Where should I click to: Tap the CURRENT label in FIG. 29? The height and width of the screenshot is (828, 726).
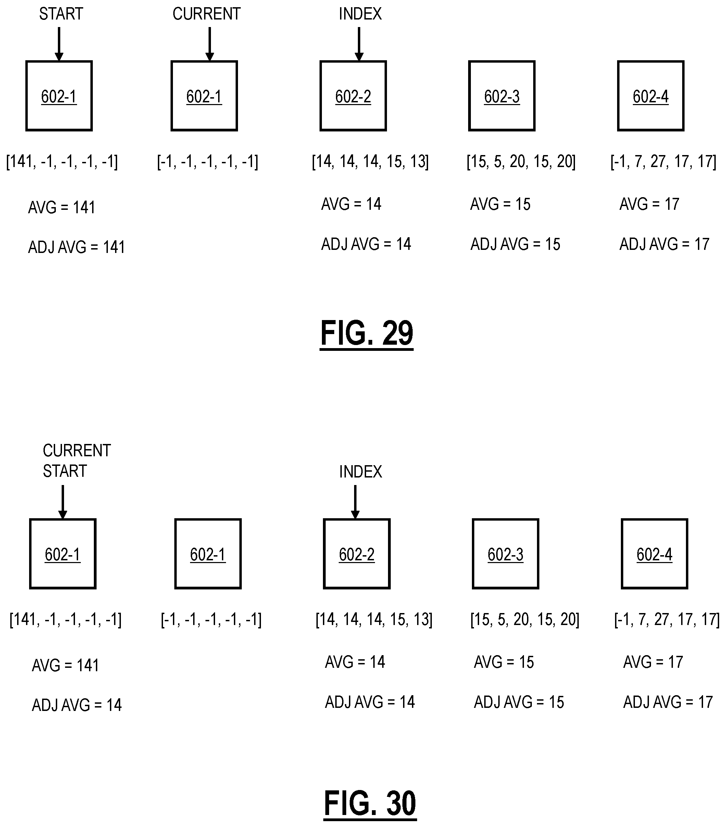pyautogui.click(x=206, y=14)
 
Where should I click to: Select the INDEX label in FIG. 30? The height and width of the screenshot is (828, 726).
pyautogui.click(x=361, y=472)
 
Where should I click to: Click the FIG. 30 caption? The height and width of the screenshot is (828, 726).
pyautogui.click(x=370, y=804)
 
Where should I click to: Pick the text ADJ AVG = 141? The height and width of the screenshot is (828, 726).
pyautogui.click(x=76, y=247)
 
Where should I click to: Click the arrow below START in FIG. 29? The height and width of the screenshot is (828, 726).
pyautogui.click(x=59, y=44)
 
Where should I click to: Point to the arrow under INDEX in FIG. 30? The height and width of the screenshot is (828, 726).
pyautogui.click(x=355, y=502)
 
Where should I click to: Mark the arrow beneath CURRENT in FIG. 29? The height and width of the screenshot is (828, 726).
pyautogui.click(x=210, y=44)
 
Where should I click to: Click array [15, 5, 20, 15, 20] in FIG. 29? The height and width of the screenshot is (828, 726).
pyautogui.click(x=521, y=162)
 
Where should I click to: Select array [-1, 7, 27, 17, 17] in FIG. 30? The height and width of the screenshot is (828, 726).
pyautogui.click(x=667, y=620)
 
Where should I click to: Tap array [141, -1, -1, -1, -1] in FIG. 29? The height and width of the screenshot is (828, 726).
pyautogui.click(x=62, y=162)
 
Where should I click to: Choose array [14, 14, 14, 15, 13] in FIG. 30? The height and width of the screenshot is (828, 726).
pyautogui.click(x=374, y=620)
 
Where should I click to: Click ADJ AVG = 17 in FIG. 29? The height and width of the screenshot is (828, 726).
pyautogui.click(x=664, y=244)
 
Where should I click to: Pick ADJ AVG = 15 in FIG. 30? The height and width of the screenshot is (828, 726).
pyautogui.click(x=519, y=702)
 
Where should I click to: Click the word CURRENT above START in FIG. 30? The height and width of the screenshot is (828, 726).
pyautogui.click(x=77, y=451)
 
